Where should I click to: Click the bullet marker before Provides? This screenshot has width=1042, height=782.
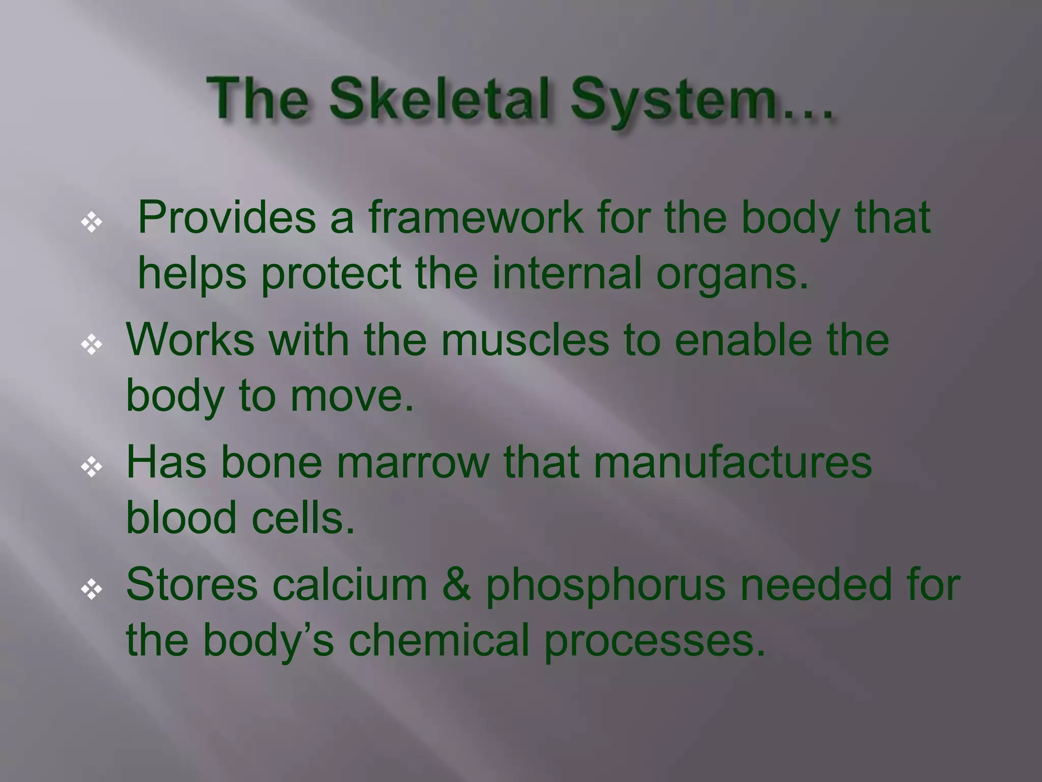pyautogui.click(x=92, y=222)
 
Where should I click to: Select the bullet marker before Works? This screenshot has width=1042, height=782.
pyautogui.click(x=92, y=345)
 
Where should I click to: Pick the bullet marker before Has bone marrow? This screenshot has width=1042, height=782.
pyautogui.click(x=92, y=467)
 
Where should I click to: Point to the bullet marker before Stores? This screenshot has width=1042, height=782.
pyautogui.click(x=92, y=590)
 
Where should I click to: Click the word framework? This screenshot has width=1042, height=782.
pyautogui.click(x=476, y=217)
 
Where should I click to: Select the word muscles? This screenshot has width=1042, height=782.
pyautogui.click(x=525, y=340)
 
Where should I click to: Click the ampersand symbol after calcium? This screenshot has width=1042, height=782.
pyautogui.click(x=456, y=584)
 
